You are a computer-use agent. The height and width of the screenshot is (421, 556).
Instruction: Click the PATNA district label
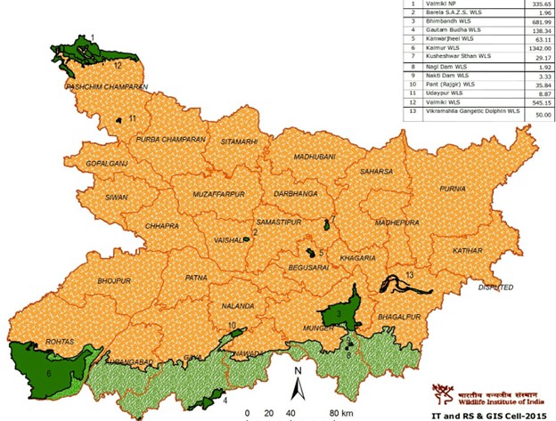pyautogui.click(x=196, y=279)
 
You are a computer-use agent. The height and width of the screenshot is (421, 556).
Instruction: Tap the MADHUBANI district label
pyautogui.click(x=315, y=157)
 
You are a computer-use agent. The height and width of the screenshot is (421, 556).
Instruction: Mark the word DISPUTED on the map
pyautogui.click(x=496, y=288)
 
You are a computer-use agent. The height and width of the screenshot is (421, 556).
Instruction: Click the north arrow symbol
pyautogui.click(x=300, y=383)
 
